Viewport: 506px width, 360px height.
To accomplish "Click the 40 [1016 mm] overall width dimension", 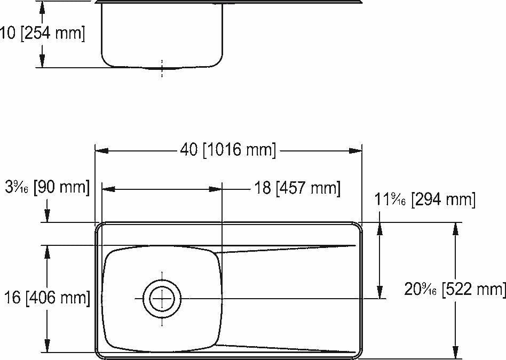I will tap(228, 150).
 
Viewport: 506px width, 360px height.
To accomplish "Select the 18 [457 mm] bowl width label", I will tap(296, 188).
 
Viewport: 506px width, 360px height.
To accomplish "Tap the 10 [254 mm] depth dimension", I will tap(43, 34).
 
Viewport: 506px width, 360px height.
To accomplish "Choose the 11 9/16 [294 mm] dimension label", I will tap(425, 200).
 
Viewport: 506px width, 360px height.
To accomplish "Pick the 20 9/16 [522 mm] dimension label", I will tap(455, 289).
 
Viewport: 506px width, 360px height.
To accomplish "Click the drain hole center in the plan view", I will tap(162, 298).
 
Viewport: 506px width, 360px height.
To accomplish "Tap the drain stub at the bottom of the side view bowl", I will tap(162, 68).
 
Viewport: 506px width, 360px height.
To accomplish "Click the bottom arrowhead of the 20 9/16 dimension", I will tap(455, 352).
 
